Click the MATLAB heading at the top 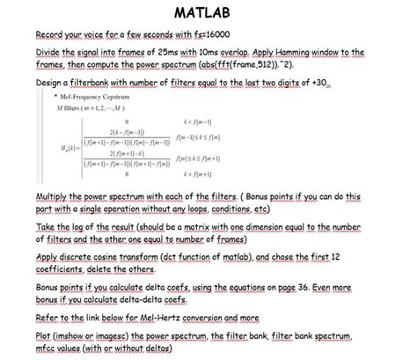[208, 15]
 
